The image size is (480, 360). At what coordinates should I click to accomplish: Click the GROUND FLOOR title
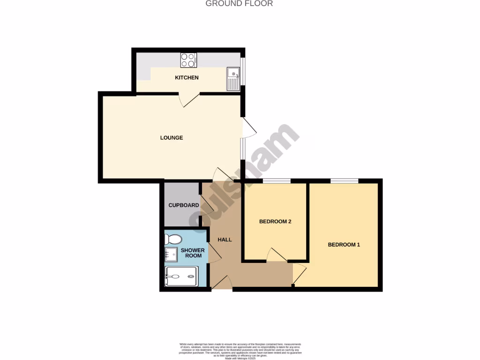tap(239, 4)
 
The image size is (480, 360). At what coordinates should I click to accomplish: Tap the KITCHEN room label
tap(187, 77)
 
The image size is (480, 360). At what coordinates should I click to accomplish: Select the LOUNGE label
tap(171, 138)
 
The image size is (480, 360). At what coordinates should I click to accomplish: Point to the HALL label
tap(225, 240)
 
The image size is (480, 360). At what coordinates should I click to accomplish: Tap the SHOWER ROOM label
tap(193, 253)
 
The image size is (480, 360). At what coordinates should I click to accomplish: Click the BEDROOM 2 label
tap(276, 222)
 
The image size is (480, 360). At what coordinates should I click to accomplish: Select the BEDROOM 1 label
tap(344, 245)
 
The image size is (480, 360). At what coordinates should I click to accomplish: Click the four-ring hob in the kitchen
tap(188, 60)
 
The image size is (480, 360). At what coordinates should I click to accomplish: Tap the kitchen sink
tap(233, 78)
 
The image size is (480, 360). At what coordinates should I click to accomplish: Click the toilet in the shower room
tap(172, 239)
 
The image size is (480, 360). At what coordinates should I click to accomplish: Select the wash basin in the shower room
tap(170, 255)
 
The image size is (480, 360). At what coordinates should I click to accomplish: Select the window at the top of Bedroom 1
tap(345, 181)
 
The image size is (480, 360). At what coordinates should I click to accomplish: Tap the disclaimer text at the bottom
tap(240, 350)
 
